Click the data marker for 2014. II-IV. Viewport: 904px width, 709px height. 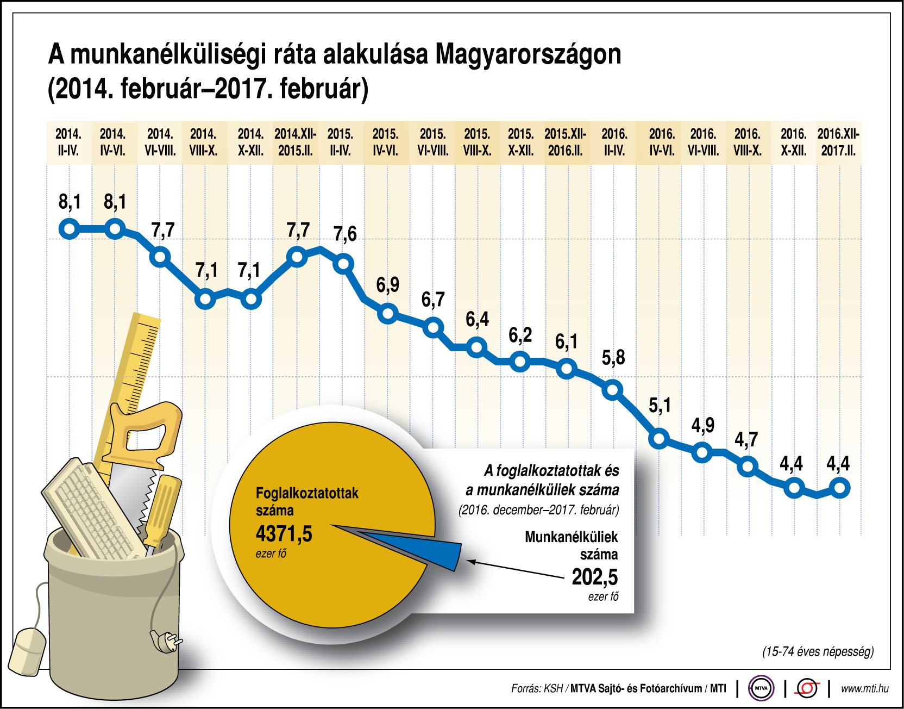69,228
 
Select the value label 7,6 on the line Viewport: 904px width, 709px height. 345,234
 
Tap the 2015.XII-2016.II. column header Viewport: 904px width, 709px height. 565,142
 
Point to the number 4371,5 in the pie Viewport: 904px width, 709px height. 284,534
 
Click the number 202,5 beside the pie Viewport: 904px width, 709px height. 594,577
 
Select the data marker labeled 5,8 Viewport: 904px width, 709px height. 613,389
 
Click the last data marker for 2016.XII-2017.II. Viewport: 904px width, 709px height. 839,488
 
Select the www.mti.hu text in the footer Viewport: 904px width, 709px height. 864,688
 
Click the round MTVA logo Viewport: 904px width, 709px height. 761,688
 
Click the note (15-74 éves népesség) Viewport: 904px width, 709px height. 818,651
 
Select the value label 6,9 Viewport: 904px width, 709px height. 387,285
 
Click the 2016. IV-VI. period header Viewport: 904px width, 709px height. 661,142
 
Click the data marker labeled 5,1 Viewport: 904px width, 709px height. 659,438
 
